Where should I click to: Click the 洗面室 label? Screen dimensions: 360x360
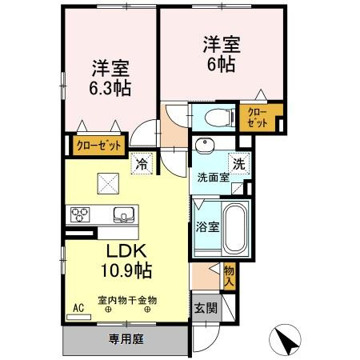210,178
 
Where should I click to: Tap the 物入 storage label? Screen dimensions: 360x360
229,276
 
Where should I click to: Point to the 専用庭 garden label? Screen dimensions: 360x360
125,339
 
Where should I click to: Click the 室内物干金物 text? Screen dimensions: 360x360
127,300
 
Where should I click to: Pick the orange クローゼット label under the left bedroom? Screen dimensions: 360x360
99,146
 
